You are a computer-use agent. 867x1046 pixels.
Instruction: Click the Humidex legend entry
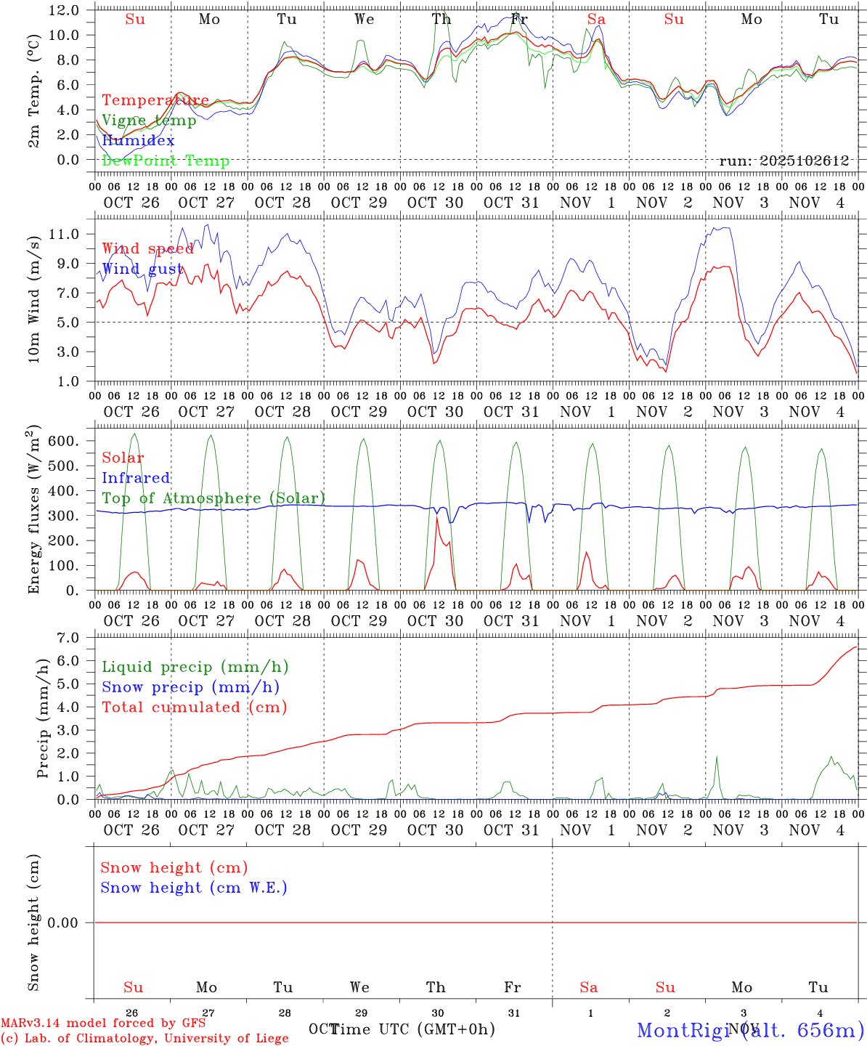pyautogui.click(x=138, y=141)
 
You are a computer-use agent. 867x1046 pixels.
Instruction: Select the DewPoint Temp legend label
pyautogui.click(x=166, y=161)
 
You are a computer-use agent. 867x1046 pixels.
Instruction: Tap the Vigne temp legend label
pyautogui.click(x=149, y=121)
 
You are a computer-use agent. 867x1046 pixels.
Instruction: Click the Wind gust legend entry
pyautogui.click(x=142, y=269)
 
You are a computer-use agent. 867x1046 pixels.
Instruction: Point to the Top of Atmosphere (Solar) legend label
pyautogui.click(x=213, y=498)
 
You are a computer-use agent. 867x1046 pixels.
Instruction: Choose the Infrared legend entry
pyautogui.click(x=136, y=478)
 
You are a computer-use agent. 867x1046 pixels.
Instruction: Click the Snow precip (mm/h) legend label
pyautogui.click(x=190, y=687)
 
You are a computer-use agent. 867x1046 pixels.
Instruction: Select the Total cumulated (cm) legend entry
pyautogui.click(x=194, y=707)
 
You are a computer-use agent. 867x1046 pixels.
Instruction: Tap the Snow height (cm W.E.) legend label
pyautogui.click(x=194, y=888)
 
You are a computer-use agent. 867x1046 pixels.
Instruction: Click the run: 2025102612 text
pyautogui.click(x=783, y=161)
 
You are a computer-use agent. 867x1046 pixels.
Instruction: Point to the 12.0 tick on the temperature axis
pyautogui.click(x=65, y=10)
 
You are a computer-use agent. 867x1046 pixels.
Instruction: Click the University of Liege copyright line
pyautogui.click(x=144, y=1038)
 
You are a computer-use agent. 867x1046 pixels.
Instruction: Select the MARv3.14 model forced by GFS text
pyautogui.click(x=103, y=1023)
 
